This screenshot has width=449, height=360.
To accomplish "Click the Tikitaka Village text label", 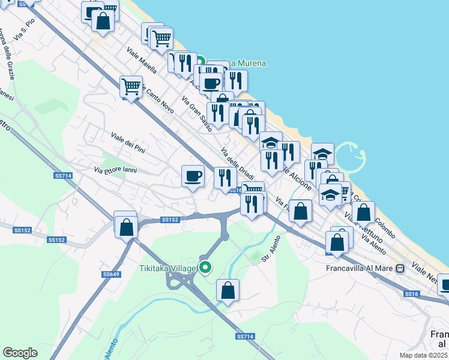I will (167, 268).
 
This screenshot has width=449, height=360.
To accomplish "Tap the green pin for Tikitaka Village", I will (206, 268).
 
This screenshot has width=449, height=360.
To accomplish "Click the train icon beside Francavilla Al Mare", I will (399, 268).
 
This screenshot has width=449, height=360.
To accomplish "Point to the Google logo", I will (20, 352).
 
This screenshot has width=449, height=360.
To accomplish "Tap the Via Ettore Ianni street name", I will (115, 170).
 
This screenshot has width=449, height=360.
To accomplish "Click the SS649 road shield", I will (111, 274).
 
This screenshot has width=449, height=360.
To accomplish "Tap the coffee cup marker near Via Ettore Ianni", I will (193, 176).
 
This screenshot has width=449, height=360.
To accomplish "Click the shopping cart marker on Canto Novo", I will (130, 86).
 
